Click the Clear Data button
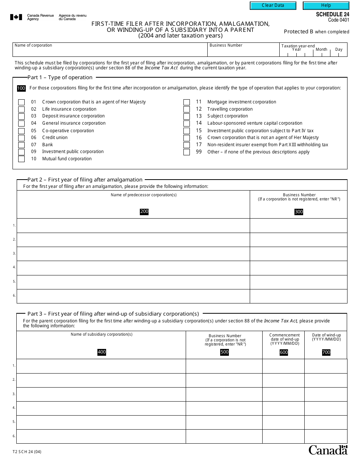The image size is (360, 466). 273,6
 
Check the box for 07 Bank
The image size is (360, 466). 22,145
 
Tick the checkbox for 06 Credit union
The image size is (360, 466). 22,138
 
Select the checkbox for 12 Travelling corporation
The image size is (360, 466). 186,109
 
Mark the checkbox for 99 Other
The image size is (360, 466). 186,152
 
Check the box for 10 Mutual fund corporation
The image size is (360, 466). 22,159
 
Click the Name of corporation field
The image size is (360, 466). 110,52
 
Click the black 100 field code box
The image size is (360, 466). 21,88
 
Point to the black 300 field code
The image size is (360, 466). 299,212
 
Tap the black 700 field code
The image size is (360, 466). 326,352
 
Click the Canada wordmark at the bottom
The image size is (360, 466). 328,450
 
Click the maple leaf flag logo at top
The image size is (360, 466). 16,17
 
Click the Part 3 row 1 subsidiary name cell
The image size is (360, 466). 101,366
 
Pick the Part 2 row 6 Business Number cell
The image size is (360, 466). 298,296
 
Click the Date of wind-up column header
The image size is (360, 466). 326,337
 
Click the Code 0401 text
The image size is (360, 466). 338,20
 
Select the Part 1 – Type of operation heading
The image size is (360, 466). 60,77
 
